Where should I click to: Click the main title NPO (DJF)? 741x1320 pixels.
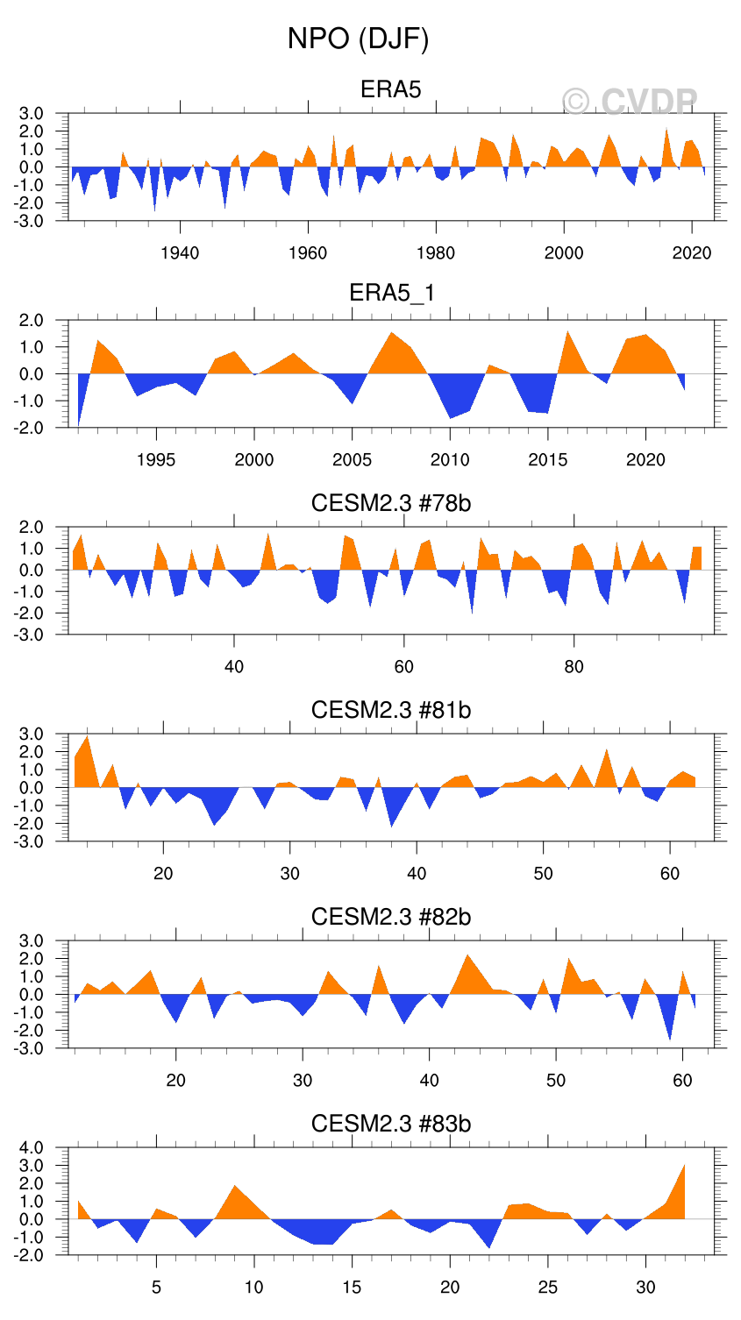coord(358,39)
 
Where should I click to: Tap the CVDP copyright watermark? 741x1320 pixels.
coord(630,103)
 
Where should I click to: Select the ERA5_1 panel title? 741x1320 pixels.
coord(391,293)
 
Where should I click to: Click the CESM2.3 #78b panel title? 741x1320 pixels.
coord(391,502)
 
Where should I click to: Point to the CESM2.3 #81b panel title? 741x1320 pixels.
coord(391,709)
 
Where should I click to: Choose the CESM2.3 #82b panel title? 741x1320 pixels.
coord(391,916)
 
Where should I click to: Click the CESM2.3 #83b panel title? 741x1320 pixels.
coord(391,1123)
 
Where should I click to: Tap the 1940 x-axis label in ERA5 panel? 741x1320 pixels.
coord(180,253)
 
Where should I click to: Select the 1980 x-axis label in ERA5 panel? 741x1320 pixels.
coord(436,253)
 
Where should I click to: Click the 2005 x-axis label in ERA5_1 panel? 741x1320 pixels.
coord(353,460)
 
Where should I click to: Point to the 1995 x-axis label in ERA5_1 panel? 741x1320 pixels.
coord(156,460)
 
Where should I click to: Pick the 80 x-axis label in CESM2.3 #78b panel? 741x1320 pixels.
coord(574,667)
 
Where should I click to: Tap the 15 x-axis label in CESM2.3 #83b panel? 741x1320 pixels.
coord(353,1288)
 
